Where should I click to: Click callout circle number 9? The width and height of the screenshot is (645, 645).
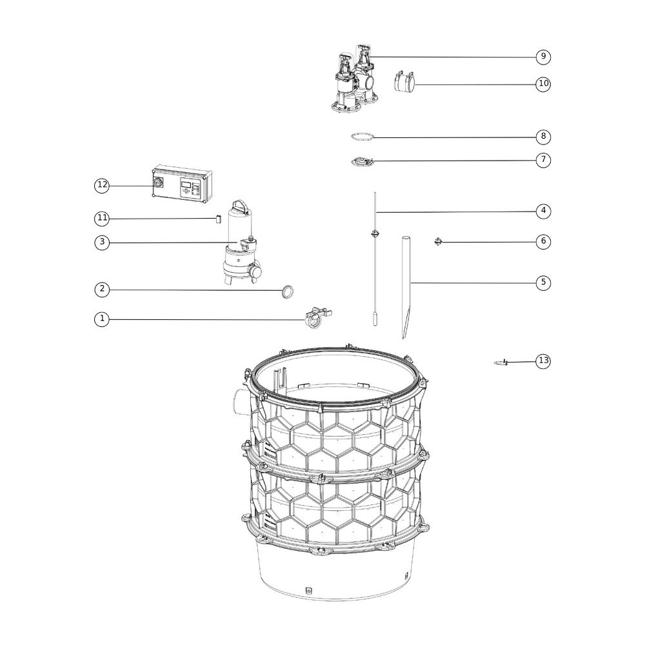click(x=543, y=56)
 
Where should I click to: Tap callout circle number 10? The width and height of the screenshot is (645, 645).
click(x=543, y=84)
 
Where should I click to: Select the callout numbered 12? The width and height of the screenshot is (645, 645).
click(x=102, y=186)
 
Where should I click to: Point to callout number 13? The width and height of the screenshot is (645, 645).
click(x=543, y=361)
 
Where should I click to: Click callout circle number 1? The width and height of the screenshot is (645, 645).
click(x=102, y=319)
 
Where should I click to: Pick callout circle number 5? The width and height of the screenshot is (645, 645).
click(x=543, y=283)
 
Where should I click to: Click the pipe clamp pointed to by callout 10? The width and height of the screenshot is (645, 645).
click(x=404, y=81)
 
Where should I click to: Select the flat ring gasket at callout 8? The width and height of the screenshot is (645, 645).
click(x=362, y=137)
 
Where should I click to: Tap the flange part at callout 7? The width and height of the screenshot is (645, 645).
click(x=362, y=161)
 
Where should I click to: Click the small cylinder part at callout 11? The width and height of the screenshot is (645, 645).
click(x=219, y=219)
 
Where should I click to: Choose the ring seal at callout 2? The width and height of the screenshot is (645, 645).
click(x=287, y=292)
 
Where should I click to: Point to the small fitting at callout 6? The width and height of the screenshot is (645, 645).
click(x=439, y=241)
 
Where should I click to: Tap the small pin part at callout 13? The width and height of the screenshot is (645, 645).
click(x=501, y=362)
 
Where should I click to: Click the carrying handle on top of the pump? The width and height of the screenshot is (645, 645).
click(x=240, y=205)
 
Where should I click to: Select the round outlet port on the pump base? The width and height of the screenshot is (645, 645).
click(x=256, y=272)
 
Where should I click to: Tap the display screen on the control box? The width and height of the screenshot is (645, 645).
click(x=186, y=184)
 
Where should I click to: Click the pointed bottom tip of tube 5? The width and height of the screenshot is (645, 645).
click(x=403, y=338)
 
